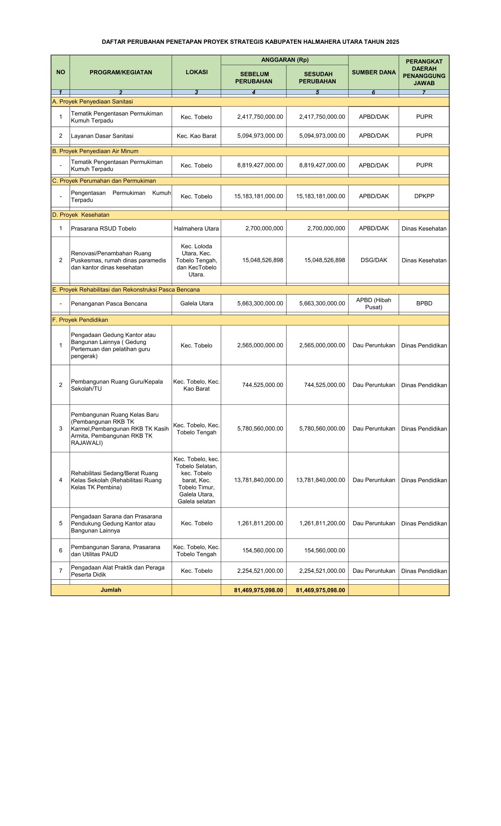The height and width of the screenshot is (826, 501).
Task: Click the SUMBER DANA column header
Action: pyautogui.click(x=373, y=73)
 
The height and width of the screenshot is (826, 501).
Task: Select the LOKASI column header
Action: pyautogui.click(x=196, y=72)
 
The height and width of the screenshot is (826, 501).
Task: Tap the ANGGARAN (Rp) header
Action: pyautogui.click(x=284, y=60)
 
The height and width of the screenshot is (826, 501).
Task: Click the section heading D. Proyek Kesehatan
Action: pyautogui.click(x=81, y=215)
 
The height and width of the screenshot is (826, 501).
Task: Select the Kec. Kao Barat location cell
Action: pyautogui.click(x=196, y=136)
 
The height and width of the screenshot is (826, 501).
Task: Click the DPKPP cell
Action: pyautogui.click(x=424, y=196)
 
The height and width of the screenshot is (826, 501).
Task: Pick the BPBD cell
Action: pyautogui.click(x=424, y=304)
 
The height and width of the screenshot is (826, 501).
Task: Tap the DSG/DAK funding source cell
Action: pyautogui.click(x=373, y=260)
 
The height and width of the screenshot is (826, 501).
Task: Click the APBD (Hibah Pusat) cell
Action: pyautogui.click(x=373, y=304)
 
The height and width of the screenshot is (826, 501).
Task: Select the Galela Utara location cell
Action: pyautogui.click(x=196, y=304)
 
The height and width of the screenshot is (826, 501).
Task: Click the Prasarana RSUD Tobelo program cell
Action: pyautogui.click(x=104, y=229)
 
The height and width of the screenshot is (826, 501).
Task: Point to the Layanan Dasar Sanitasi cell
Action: pyautogui.click(x=102, y=136)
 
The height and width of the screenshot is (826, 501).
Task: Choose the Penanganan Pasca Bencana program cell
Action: pyautogui.click(x=109, y=304)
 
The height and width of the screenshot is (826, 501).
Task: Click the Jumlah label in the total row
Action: pyautogui.click(x=111, y=590)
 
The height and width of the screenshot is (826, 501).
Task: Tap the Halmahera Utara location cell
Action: pyautogui.click(x=196, y=229)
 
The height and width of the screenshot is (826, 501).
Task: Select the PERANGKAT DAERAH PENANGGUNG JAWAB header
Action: pyautogui.click(x=424, y=73)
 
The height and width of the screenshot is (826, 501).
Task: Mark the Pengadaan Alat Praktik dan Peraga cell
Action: pyautogui.click(x=117, y=571)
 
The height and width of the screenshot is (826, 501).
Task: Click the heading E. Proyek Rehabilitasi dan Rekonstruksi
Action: pyautogui.click(x=126, y=290)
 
